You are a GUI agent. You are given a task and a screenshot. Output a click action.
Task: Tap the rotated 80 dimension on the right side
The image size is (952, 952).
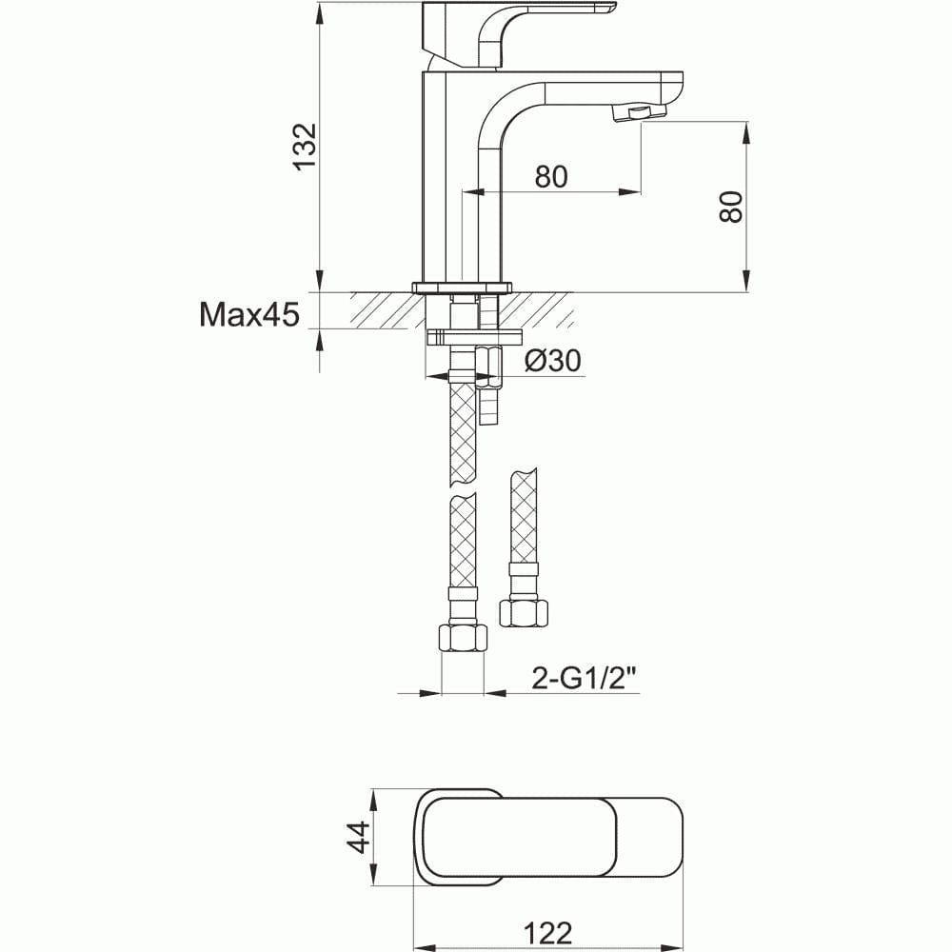(x=730, y=207)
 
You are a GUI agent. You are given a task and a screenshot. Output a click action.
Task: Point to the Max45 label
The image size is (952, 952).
(x=249, y=314)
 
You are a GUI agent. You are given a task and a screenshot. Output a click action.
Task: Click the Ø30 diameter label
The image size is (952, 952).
(x=553, y=361)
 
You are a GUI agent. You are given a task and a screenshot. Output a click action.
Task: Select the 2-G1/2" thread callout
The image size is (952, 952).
(x=584, y=678)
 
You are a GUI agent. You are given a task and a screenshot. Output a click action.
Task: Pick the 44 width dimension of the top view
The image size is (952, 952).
(x=357, y=838)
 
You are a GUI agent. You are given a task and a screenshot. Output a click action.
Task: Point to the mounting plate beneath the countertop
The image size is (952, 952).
(x=475, y=336)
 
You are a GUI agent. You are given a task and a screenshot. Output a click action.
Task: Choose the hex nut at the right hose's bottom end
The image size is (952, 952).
(x=523, y=612)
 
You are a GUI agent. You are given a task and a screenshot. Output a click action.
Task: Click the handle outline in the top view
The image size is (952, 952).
(x=550, y=838)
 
